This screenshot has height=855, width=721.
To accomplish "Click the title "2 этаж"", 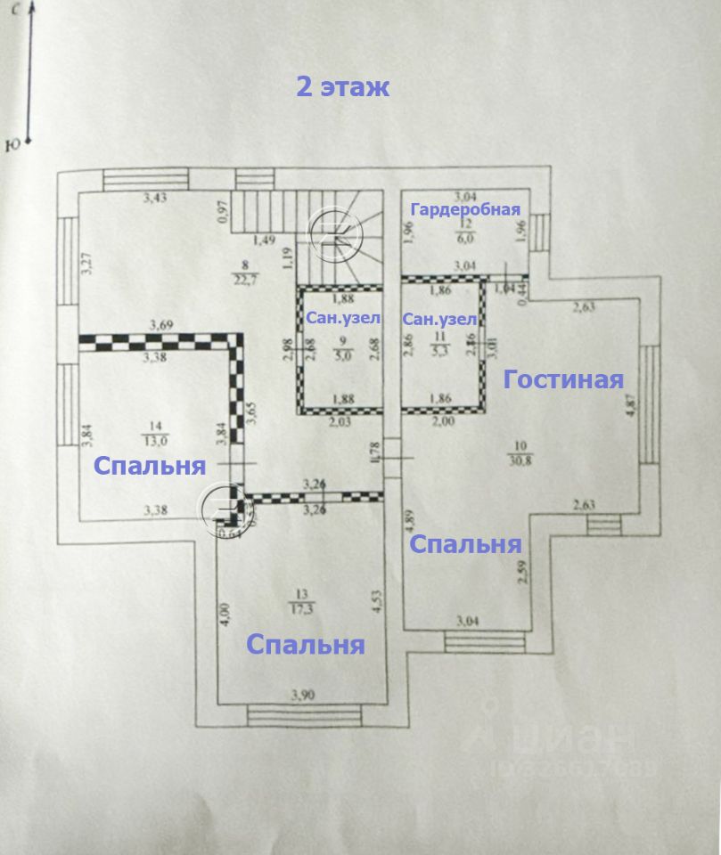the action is pyautogui.click(x=343, y=87).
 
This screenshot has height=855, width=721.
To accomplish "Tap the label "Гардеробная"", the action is pyautogui.click(x=464, y=209).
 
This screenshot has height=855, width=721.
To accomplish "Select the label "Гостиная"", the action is pyautogui.click(x=562, y=379).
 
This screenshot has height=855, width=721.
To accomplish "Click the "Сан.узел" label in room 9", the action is pyautogui.click(x=343, y=318).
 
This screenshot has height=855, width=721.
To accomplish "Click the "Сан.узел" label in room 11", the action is pyautogui.click(x=439, y=319).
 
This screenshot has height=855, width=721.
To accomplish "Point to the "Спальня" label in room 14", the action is pyautogui.click(x=150, y=465).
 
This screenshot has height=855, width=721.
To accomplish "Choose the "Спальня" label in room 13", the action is pyautogui.click(x=306, y=645).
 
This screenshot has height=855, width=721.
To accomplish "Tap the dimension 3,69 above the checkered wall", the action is pyautogui.click(x=161, y=325).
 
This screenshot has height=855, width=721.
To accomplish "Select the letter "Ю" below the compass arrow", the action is pyautogui.click(x=12, y=145).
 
